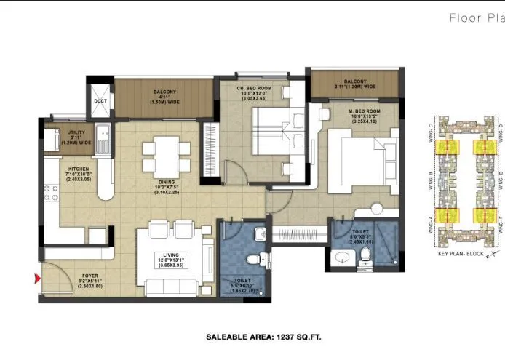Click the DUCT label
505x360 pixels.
click(x=100, y=101)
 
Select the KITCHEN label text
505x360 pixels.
click(x=79, y=174)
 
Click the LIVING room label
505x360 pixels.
click(x=172, y=254)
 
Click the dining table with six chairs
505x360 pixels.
click(x=159, y=153)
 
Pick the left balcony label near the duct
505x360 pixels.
click(x=162, y=97)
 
